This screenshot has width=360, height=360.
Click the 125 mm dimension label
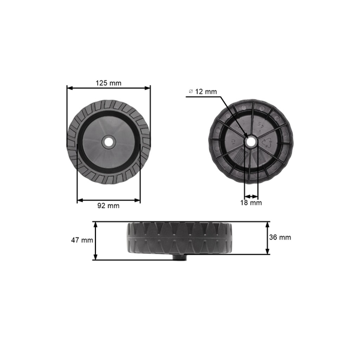[x=108, y=83]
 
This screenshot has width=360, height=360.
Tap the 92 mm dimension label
[x=108, y=205]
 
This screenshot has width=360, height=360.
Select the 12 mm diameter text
[x=206, y=91]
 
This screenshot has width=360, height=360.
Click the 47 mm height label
[x=82, y=240]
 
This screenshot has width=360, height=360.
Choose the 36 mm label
[x=281, y=237]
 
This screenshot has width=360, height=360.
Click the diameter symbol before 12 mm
[x=191, y=91]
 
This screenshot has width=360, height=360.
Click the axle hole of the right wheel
[x=251, y=142]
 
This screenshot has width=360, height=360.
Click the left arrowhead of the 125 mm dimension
[x=69, y=88]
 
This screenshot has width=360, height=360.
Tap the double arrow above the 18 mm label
[x=251, y=196]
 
